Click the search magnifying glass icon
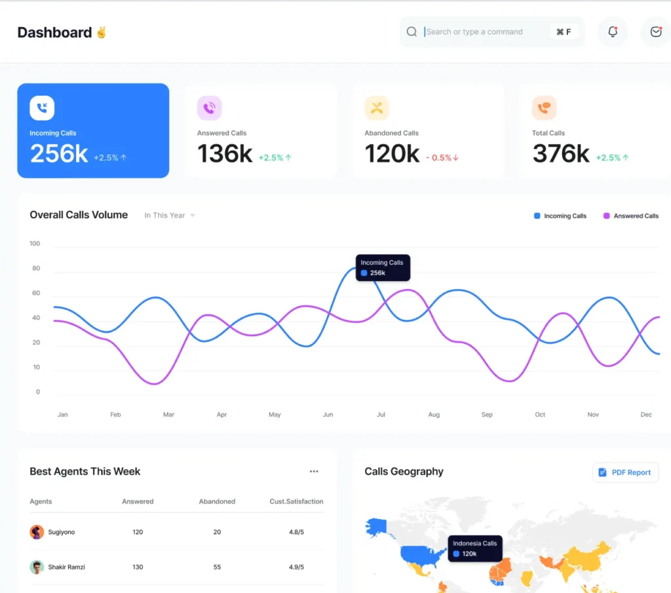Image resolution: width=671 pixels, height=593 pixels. [x=412, y=31]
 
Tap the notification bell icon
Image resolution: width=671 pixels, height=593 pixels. [x=613, y=31]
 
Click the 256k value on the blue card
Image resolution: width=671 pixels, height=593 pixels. [x=59, y=154]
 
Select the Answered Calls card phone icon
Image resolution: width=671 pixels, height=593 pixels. [x=209, y=108]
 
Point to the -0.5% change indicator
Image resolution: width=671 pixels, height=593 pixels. [x=442, y=158]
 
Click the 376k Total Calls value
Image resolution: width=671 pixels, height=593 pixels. [x=561, y=154]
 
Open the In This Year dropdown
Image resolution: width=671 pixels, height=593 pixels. [x=170, y=216]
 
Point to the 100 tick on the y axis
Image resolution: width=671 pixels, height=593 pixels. [x=35, y=244]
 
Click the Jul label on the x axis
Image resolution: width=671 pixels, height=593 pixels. [x=381, y=415]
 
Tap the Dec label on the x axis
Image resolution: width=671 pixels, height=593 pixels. [x=646, y=415]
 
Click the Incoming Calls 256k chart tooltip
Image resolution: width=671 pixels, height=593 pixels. [x=383, y=267]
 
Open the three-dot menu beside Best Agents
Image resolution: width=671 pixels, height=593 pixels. [x=314, y=471]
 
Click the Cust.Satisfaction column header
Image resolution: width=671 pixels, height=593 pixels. [x=296, y=501]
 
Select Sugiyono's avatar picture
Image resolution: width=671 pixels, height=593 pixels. [x=37, y=532]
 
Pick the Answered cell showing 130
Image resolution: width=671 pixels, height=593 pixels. [x=138, y=567]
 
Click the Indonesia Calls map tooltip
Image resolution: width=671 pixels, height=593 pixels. [x=475, y=548]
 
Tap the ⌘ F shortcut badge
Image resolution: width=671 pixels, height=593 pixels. [x=564, y=31]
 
